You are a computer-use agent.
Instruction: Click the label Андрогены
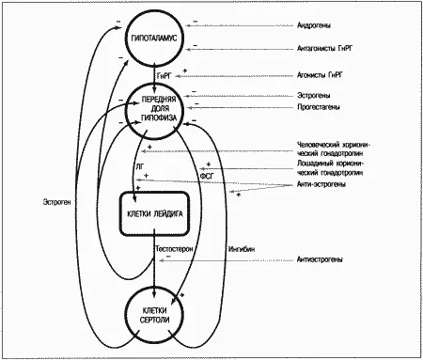[314, 25]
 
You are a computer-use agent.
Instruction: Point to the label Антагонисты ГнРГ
[325, 49]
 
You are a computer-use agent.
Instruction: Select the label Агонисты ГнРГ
[320, 75]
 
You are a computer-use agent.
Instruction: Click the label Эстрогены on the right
[313, 95]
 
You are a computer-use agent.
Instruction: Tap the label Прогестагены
[319, 107]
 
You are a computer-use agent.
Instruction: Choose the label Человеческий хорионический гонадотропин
[334, 149]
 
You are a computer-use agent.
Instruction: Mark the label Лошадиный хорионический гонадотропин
[331, 168]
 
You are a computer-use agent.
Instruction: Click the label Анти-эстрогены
[321, 184]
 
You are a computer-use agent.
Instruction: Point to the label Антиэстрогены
[320, 259]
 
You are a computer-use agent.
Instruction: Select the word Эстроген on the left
[56, 202]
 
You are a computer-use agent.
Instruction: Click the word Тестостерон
[174, 249]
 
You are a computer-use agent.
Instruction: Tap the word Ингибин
[242, 249]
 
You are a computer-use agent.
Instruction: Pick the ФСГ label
[207, 177]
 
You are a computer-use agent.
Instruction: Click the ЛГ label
[140, 167]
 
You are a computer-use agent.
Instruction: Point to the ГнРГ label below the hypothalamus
[165, 75]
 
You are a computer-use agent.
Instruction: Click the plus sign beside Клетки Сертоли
[181, 295]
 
